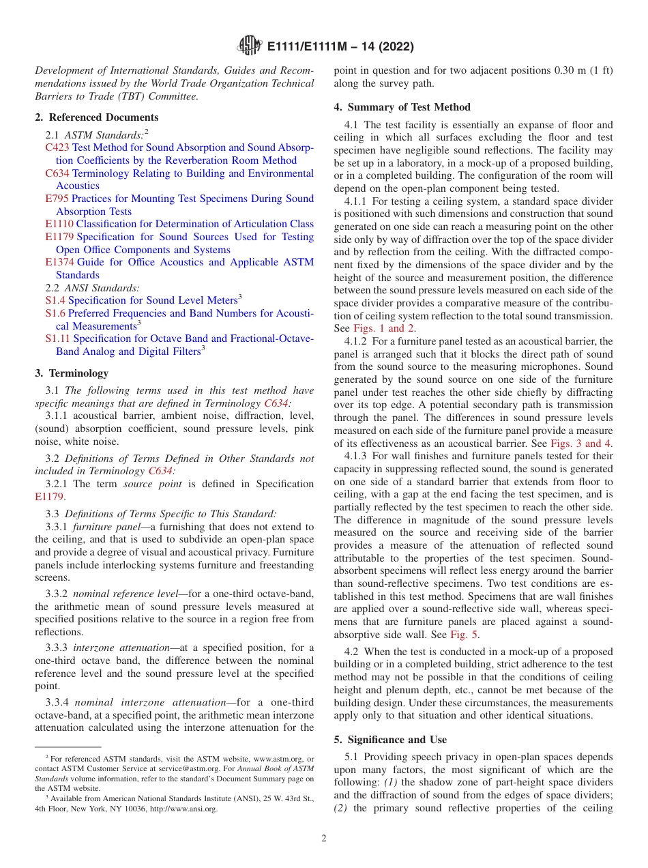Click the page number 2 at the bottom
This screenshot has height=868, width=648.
click(x=324, y=839)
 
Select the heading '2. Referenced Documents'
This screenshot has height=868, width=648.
click(x=97, y=117)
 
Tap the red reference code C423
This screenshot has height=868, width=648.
click(x=57, y=147)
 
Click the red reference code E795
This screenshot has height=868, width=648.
click(x=57, y=199)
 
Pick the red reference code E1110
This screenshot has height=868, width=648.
click(x=59, y=224)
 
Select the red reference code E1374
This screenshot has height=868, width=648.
click(x=59, y=262)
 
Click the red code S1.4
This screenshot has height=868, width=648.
click(x=55, y=300)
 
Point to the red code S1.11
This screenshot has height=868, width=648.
click(x=58, y=338)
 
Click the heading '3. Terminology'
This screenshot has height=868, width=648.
click(x=72, y=373)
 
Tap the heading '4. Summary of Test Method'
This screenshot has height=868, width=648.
click(x=402, y=107)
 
